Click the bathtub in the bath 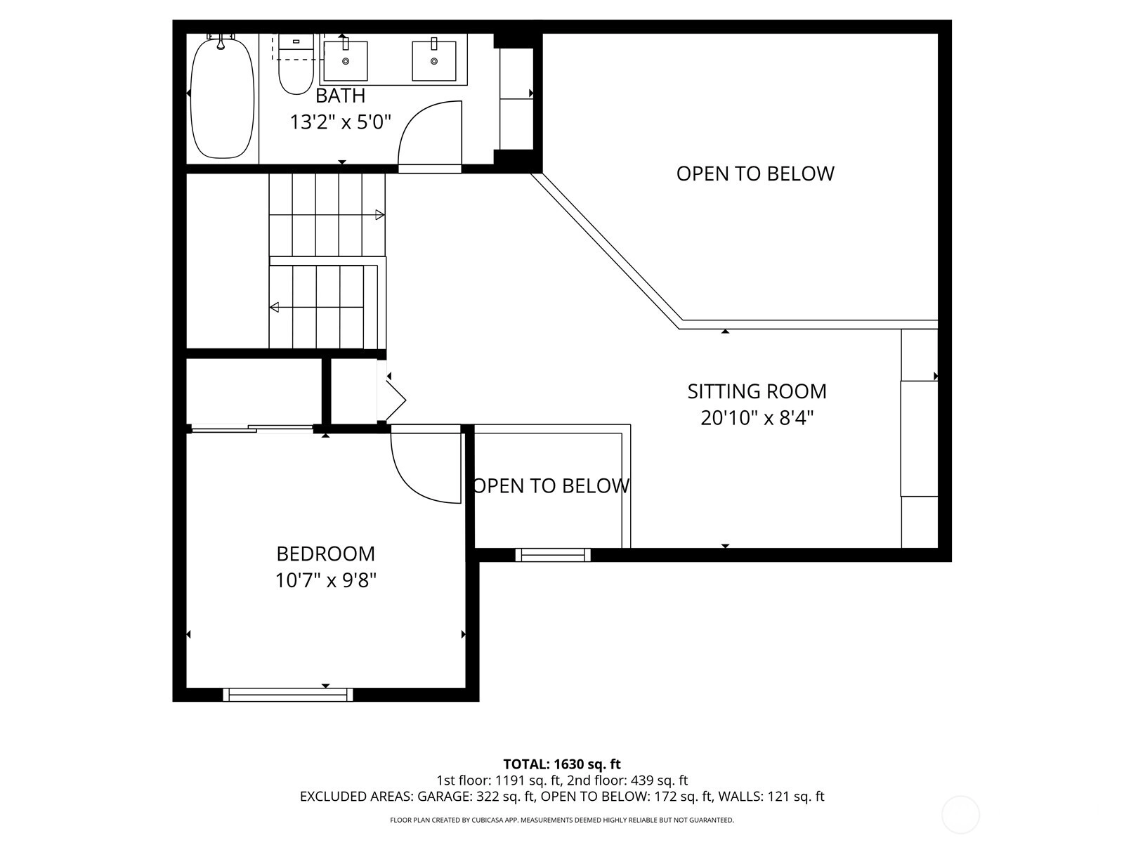[x=222, y=98]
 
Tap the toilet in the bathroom [x=296, y=65]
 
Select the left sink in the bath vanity [x=346, y=61]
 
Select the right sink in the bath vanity [x=434, y=61]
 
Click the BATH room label [x=340, y=96]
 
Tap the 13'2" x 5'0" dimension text [x=341, y=123]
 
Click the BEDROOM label [x=326, y=554]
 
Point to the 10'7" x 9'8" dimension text [x=326, y=581]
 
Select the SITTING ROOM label [x=757, y=391]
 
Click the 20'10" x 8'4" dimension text [x=757, y=419]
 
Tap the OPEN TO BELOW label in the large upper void [x=755, y=174]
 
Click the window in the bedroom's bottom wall [x=288, y=695]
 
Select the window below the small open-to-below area [x=553, y=555]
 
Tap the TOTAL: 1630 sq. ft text [x=562, y=764]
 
